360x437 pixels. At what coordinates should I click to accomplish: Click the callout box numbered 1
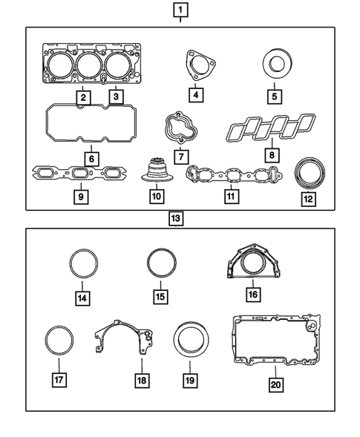click(x=180, y=10)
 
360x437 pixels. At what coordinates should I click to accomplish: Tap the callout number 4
click(x=195, y=95)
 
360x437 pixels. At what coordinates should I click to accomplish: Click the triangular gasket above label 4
click(x=196, y=63)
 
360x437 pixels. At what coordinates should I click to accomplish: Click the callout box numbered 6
click(x=91, y=158)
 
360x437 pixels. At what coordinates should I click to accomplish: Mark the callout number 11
click(x=231, y=197)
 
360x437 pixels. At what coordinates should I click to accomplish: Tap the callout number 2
click(x=84, y=97)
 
